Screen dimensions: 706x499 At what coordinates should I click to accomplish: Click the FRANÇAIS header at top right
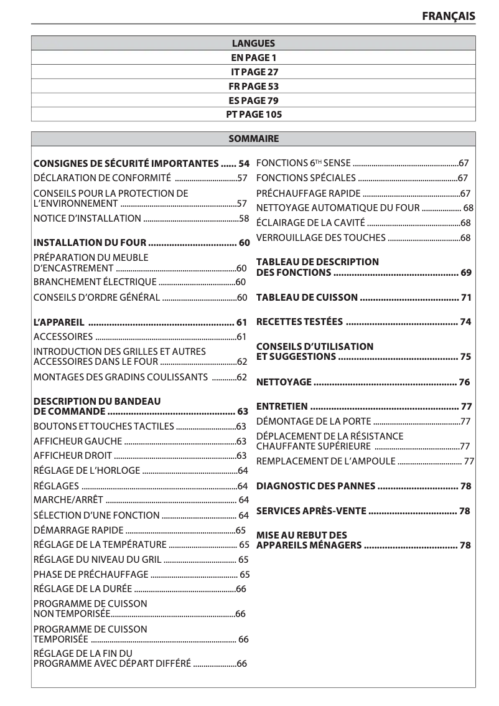pos(449,16)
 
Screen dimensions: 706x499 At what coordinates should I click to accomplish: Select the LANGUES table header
pos(253,44)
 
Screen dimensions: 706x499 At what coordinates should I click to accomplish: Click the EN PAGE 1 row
pos(253,58)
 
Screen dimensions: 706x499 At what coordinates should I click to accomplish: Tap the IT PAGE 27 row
pos(253,72)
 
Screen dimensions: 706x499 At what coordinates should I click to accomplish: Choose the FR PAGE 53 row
pos(253,87)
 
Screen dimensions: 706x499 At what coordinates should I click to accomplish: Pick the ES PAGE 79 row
pos(253,100)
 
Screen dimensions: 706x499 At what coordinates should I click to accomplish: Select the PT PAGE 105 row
pos(253,115)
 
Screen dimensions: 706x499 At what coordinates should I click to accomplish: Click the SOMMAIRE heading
pos(253,139)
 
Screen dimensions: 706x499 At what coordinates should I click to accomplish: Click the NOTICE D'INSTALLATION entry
pos(87,218)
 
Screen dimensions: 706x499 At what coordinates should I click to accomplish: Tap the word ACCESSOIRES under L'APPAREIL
pos(63,337)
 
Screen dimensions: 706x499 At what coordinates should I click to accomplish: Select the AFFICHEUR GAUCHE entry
pos(68,441)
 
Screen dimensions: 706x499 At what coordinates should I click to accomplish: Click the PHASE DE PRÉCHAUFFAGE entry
pos(91,574)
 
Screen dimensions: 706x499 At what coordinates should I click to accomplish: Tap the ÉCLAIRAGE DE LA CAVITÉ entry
pos(310,222)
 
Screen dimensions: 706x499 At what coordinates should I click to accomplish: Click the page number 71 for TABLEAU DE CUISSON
pos(466,298)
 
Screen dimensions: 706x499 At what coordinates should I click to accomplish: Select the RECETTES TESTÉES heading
pos(299,322)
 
